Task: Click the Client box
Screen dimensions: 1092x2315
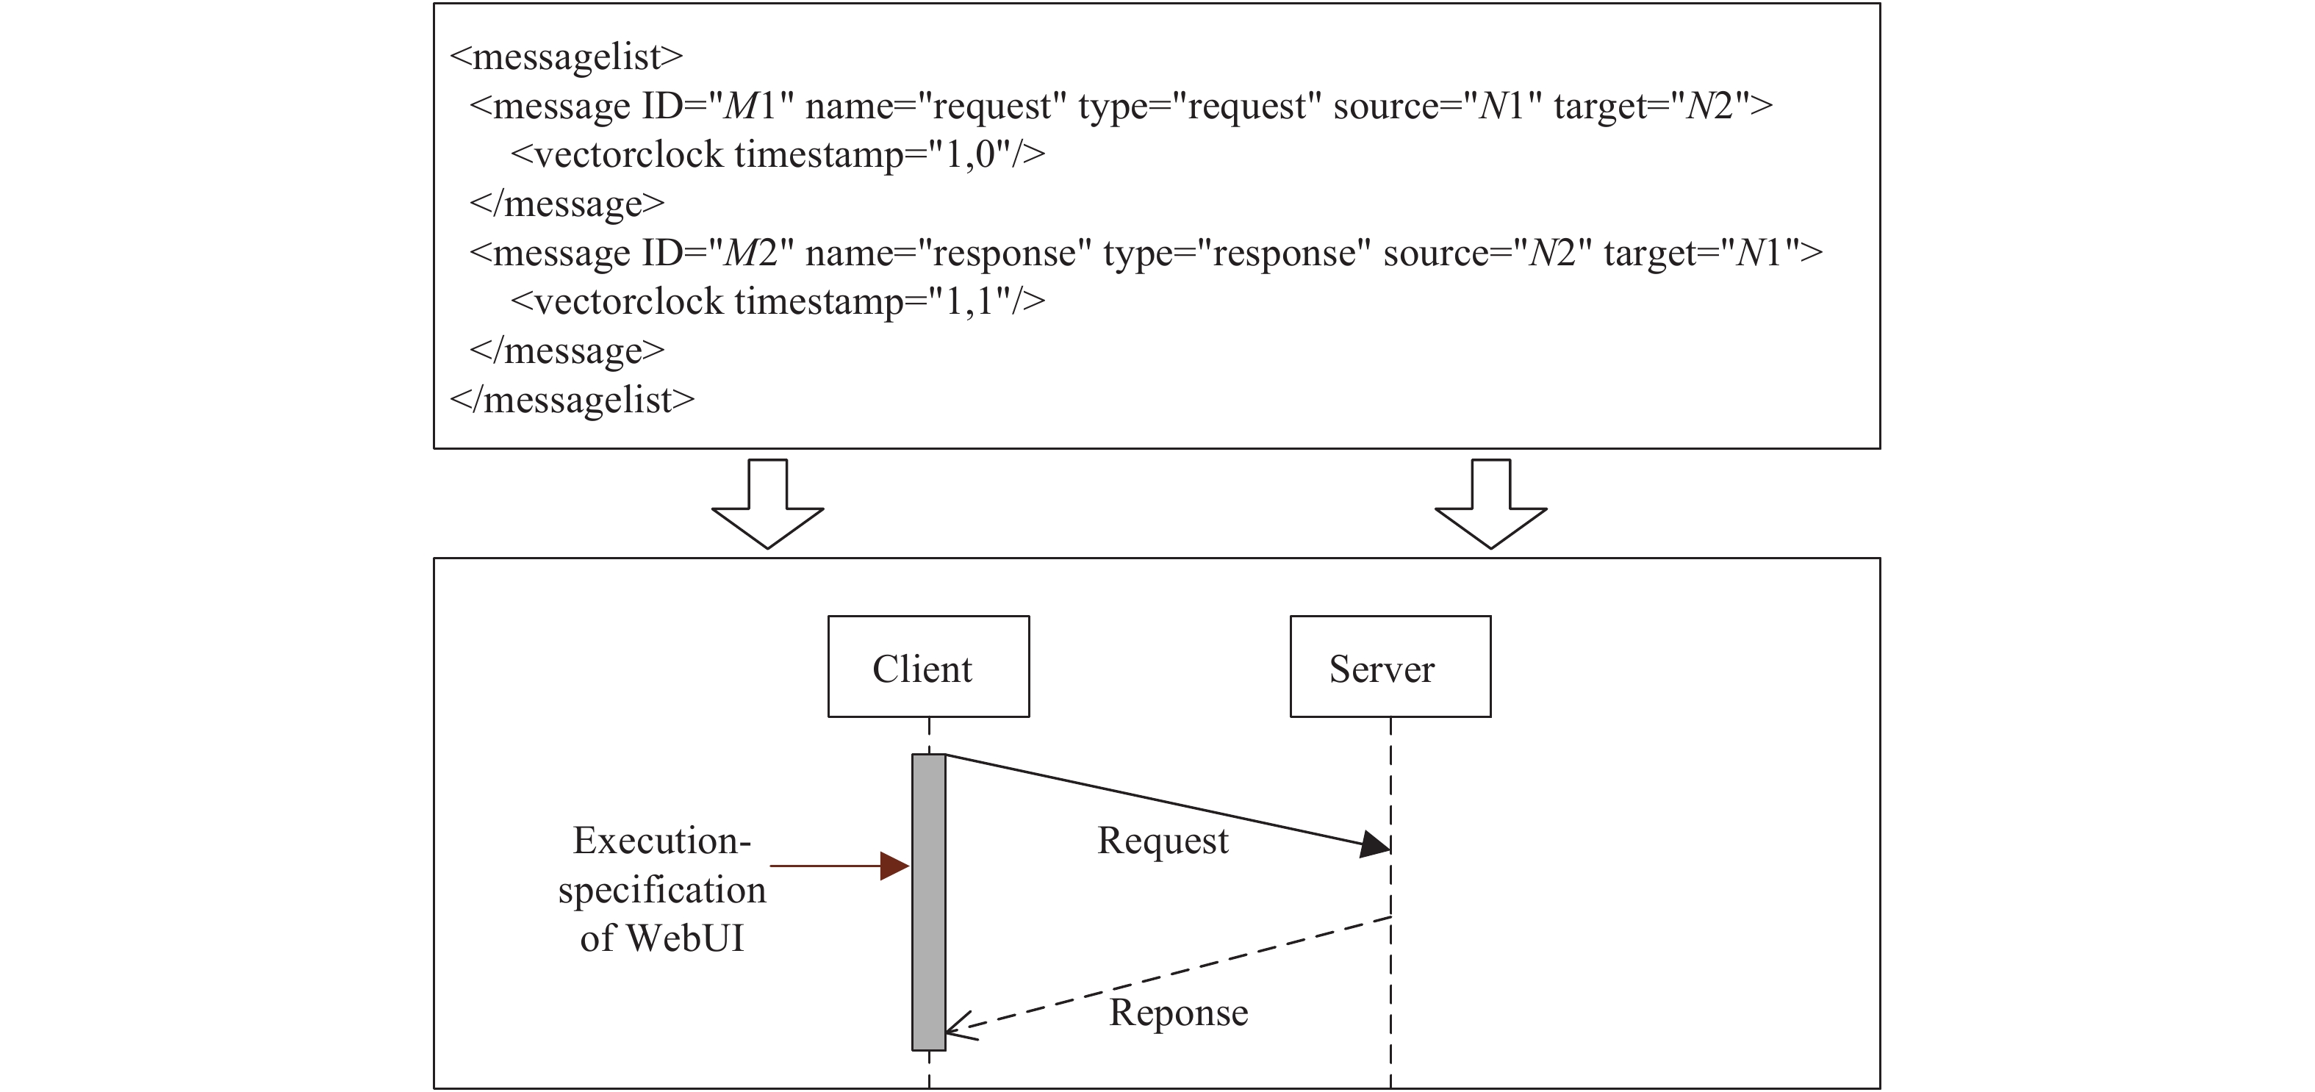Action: (927, 666)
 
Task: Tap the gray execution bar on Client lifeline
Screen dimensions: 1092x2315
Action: (928, 902)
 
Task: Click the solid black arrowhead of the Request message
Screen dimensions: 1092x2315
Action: (1374, 844)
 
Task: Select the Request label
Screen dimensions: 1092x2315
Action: (1162, 841)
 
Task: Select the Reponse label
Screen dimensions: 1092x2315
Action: (1177, 1013)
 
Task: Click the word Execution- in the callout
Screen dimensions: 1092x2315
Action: (661, 841)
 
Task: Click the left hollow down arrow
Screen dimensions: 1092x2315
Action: (767, 504)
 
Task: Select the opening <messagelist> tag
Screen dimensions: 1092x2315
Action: (566, 57)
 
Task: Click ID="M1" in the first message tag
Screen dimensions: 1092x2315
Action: (718, 106)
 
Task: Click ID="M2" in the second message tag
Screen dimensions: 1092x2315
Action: (718, 254)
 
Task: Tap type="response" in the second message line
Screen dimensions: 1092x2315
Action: (1237, 254)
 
